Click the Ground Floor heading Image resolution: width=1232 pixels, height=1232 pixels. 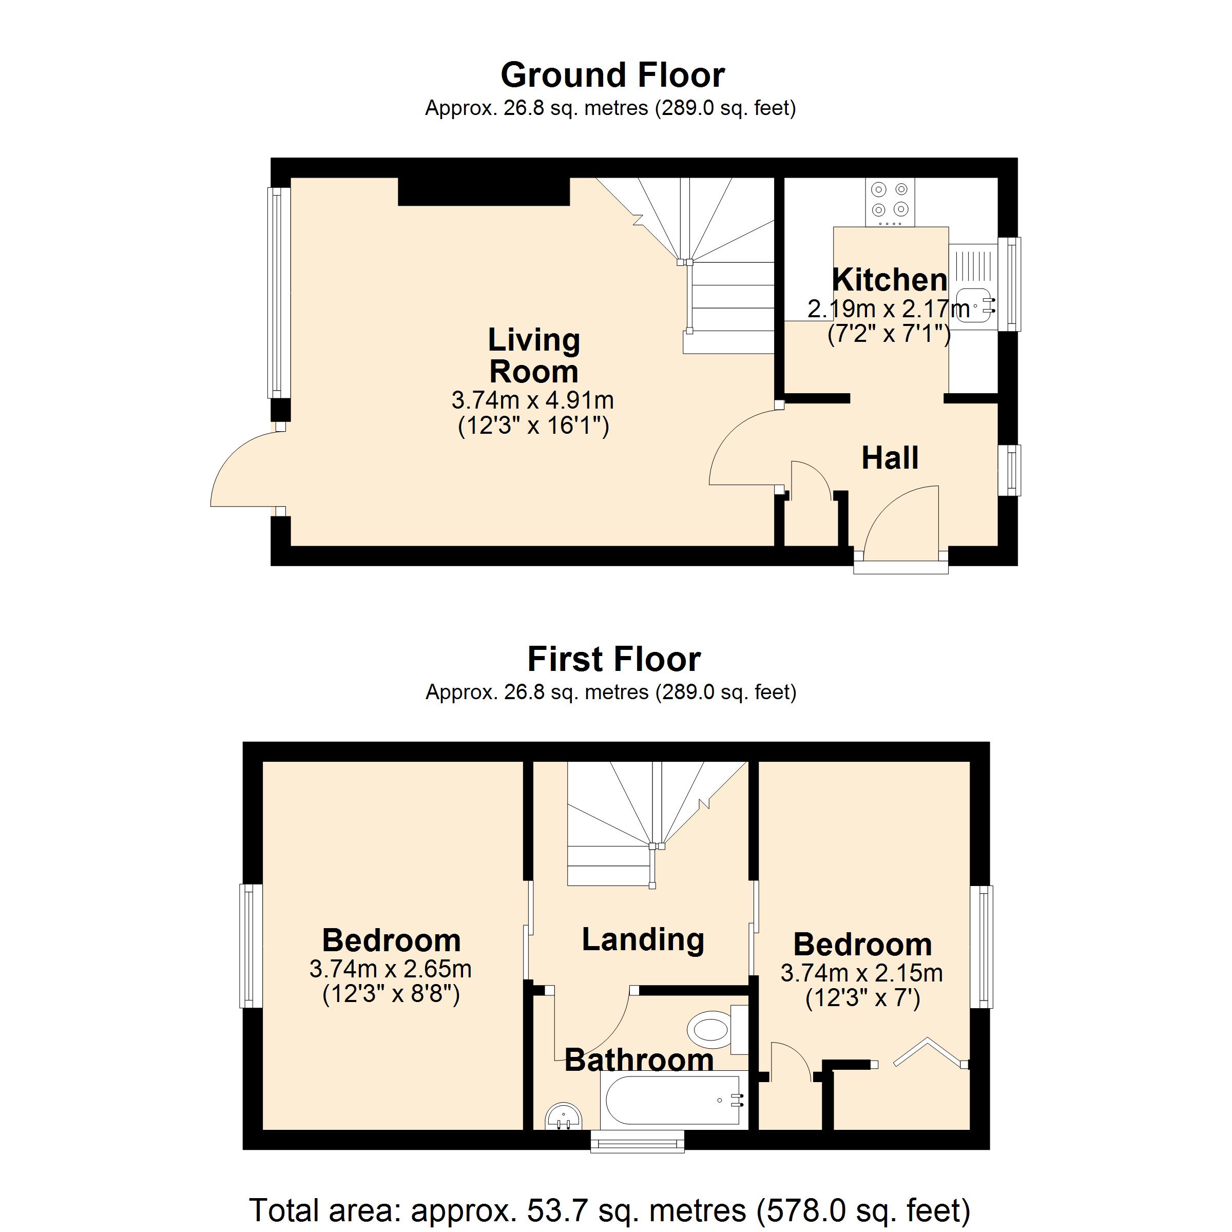tap(612, 75)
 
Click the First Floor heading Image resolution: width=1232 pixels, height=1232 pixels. tap(613, 659)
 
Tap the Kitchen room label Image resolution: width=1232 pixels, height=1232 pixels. tap(890, 280)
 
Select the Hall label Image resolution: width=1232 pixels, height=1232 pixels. tap(890, 458)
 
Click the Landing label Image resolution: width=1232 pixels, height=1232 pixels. tap(643, 939)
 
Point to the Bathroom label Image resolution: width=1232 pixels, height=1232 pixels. tap(639, 1060)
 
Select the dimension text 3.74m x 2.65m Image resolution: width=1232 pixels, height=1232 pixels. tap(390, 969)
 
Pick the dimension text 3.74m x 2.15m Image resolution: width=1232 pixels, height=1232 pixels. tap(861, 973)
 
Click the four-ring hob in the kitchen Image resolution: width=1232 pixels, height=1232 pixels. tap(890, 200)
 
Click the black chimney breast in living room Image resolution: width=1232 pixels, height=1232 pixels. tap(484, 191)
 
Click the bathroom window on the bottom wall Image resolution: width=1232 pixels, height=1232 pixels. tap(637, 1142)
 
